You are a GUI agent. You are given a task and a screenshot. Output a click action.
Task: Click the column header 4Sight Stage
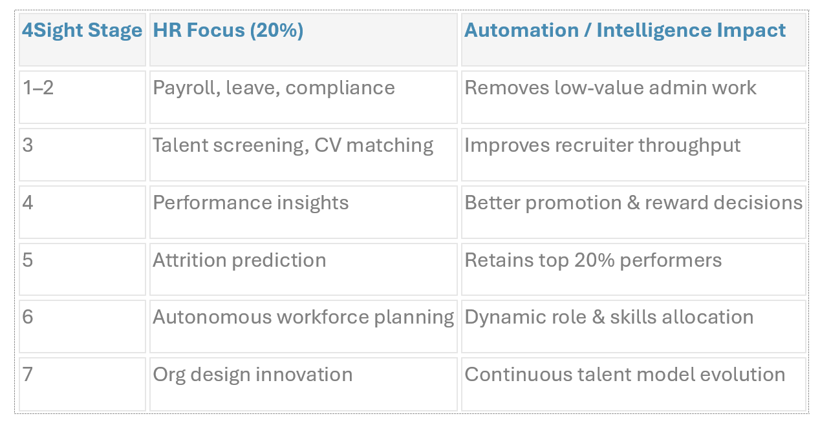click(82, 31)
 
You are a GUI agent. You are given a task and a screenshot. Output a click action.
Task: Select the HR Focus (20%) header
click(228, 31)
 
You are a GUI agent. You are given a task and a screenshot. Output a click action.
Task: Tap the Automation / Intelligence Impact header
click(625, 31)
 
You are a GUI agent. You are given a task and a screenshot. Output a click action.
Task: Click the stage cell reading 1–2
click(38, 88)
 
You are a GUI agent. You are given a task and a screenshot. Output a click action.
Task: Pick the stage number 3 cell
click(28, 145)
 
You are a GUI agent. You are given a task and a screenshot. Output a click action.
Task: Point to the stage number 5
click(28, 260)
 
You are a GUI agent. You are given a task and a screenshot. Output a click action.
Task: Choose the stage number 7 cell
click(28, 375)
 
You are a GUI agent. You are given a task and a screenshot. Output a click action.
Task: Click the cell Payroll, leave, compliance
click(274, 88)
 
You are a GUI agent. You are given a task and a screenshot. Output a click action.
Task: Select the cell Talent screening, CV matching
click(293, 145)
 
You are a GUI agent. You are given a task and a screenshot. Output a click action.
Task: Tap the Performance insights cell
click(251, 203)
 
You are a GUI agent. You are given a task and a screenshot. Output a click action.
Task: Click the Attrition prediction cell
click(239, 260)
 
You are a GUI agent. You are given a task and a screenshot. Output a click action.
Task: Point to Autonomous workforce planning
click(303, 317)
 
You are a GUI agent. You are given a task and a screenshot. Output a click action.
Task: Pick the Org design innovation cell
click(253, 375)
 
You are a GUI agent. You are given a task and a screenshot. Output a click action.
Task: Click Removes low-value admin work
click(610, 88)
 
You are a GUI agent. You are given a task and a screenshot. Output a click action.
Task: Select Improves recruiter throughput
click(603, 145)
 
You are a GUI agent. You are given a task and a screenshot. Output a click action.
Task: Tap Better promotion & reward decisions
click(634, 203)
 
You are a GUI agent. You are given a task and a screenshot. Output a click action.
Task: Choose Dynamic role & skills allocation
click(609, 317)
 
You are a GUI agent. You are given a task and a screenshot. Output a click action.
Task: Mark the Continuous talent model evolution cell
click(625, 375)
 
